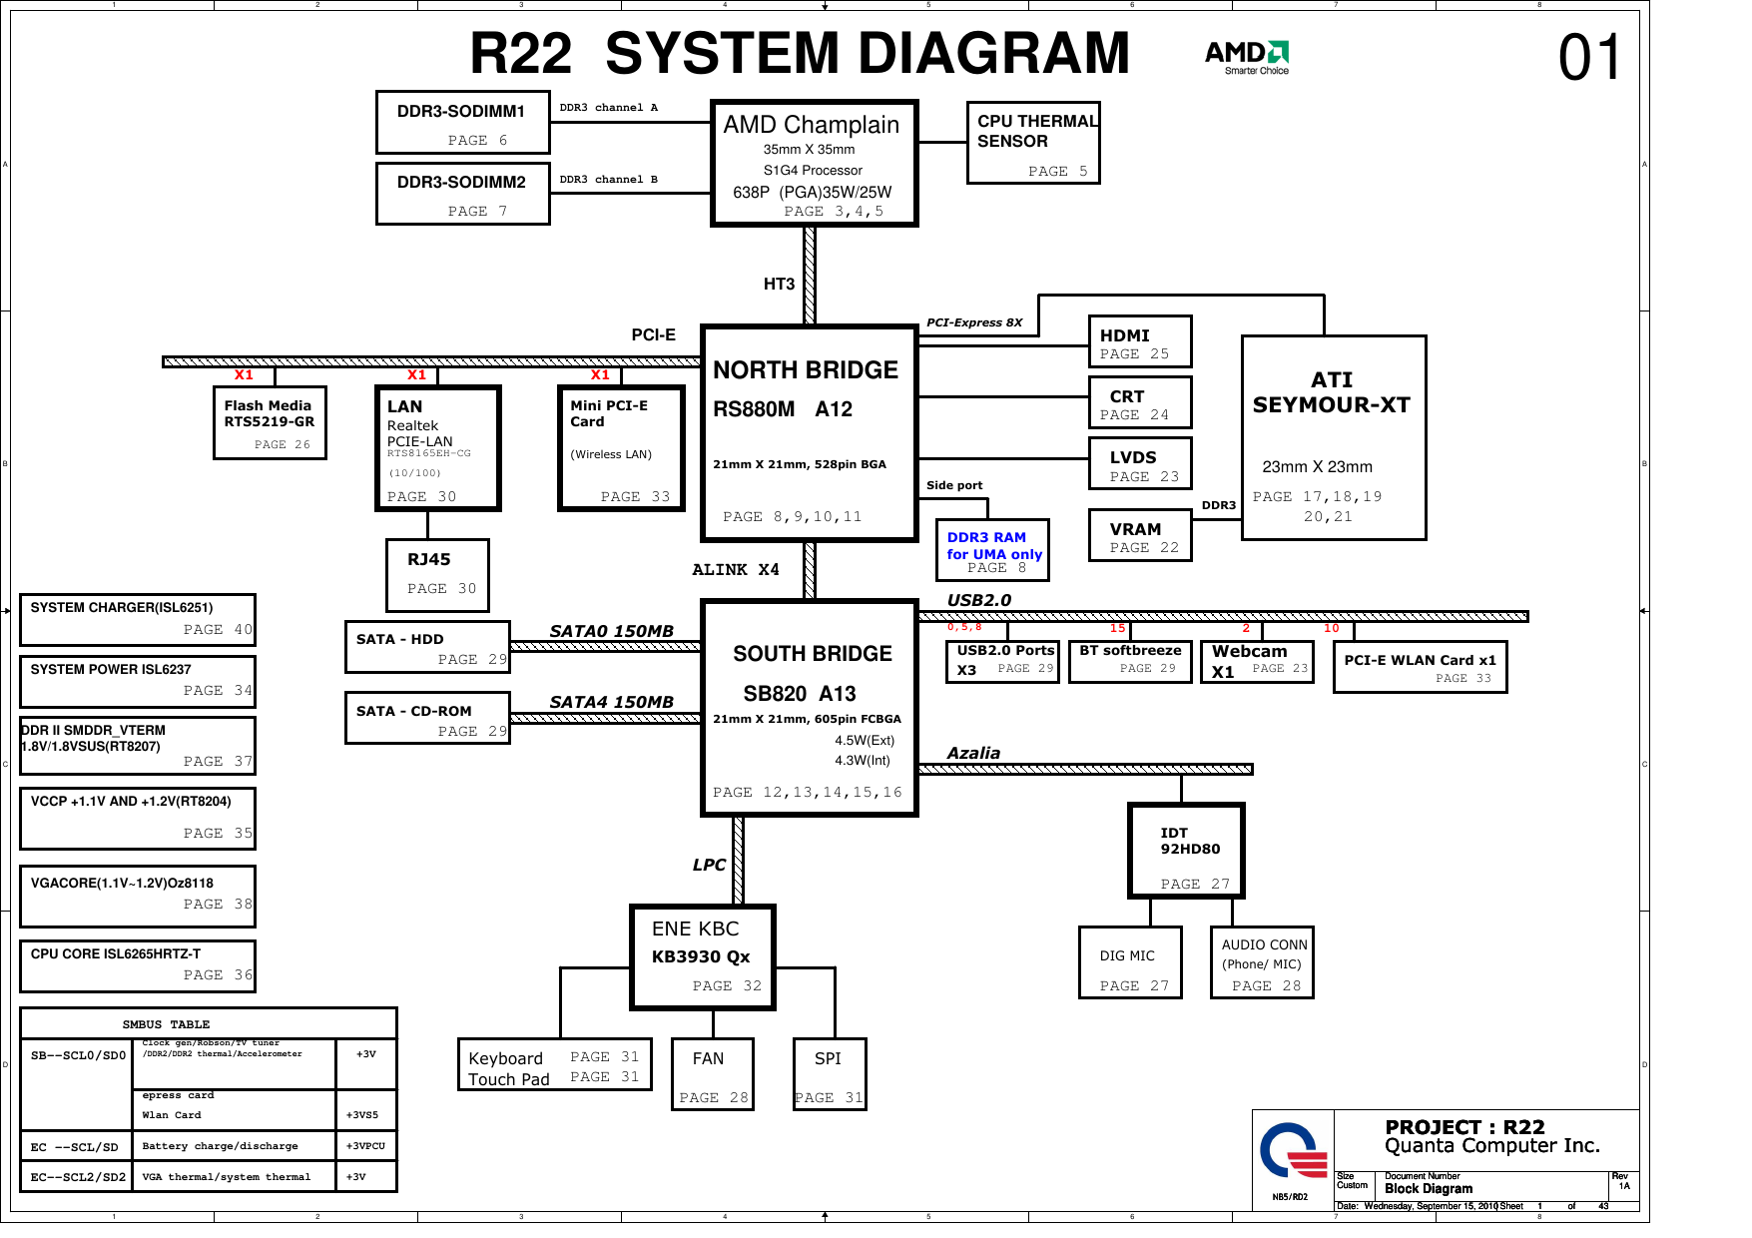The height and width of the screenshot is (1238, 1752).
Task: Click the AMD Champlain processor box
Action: click(813, 164)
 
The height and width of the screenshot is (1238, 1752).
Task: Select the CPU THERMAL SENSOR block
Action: click(1033, 143)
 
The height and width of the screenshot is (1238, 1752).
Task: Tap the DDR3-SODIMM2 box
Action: click(462, 194)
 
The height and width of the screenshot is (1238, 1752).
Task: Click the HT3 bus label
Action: click(779, 285)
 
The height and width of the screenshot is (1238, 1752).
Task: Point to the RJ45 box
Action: click(437, 574)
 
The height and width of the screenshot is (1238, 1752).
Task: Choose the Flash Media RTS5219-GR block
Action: click(270, 422)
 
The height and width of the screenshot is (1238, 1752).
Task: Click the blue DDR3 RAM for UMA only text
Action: click(993, 545)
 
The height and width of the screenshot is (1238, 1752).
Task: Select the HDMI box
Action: click(1139, 342)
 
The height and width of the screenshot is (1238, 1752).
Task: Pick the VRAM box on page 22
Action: click(1139, 536)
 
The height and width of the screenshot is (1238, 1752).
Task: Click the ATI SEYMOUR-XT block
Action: click(1333, 437)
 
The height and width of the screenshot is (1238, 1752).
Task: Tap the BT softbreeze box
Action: click(1130, 661)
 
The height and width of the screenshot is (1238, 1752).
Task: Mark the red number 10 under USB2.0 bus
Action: click(1332, 628)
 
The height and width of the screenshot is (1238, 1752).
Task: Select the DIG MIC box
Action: click(1129, 962)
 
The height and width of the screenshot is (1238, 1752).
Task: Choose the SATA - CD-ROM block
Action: click(427, 718)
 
